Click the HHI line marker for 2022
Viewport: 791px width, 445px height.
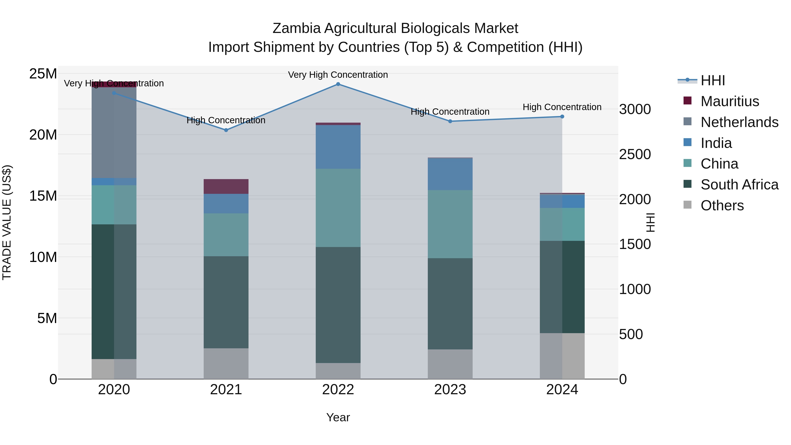(338, 84)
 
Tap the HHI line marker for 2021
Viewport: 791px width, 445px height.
(226, 130)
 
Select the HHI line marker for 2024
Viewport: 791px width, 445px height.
(562, 117)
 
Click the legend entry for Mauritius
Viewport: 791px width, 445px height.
(729, 101)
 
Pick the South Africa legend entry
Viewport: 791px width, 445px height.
(739, 185)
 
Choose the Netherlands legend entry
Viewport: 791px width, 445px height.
(739, 122)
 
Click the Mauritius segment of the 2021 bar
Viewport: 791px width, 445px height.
(226, 186)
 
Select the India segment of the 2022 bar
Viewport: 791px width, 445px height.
(338, 147)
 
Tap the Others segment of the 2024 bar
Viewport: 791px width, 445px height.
(562, 356)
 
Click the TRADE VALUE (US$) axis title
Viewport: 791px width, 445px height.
(7, 222)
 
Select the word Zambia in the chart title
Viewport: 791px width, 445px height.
(296, 28)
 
